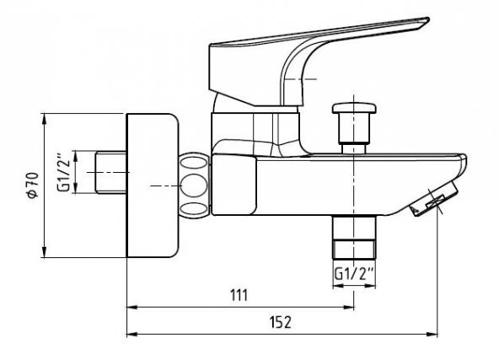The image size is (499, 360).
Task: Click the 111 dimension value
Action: [239, 295]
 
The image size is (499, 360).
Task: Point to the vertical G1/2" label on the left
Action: [63, 174]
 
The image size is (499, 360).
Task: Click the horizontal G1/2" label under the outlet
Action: [353, 273]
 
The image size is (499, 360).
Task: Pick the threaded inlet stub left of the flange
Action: [108, 172]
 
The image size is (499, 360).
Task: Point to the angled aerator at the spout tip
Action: [428, 203]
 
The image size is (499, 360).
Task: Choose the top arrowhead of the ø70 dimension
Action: [43, 117]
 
